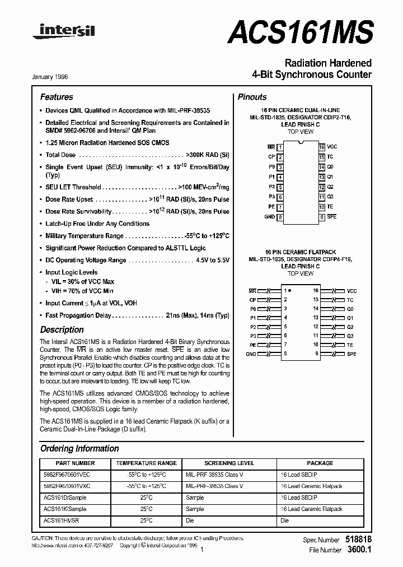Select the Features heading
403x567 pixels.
[57, 97]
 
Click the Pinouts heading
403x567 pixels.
[252, 97]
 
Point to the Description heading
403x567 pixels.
[62, 330]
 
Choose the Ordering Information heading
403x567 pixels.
[79, 448]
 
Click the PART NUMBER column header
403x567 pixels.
[76, 463]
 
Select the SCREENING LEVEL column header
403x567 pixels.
[229, 463]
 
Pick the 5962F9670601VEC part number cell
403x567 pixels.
[66, 475]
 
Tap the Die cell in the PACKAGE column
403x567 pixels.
[285, 520]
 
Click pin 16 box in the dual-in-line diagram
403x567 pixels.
[322, 146]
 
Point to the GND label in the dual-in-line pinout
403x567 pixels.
[269, 217]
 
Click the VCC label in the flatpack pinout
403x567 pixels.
[352, 291]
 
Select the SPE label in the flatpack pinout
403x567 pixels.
[352, 354]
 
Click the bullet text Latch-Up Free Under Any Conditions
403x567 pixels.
[97, 224]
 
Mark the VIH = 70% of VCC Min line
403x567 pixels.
[83, 291]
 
